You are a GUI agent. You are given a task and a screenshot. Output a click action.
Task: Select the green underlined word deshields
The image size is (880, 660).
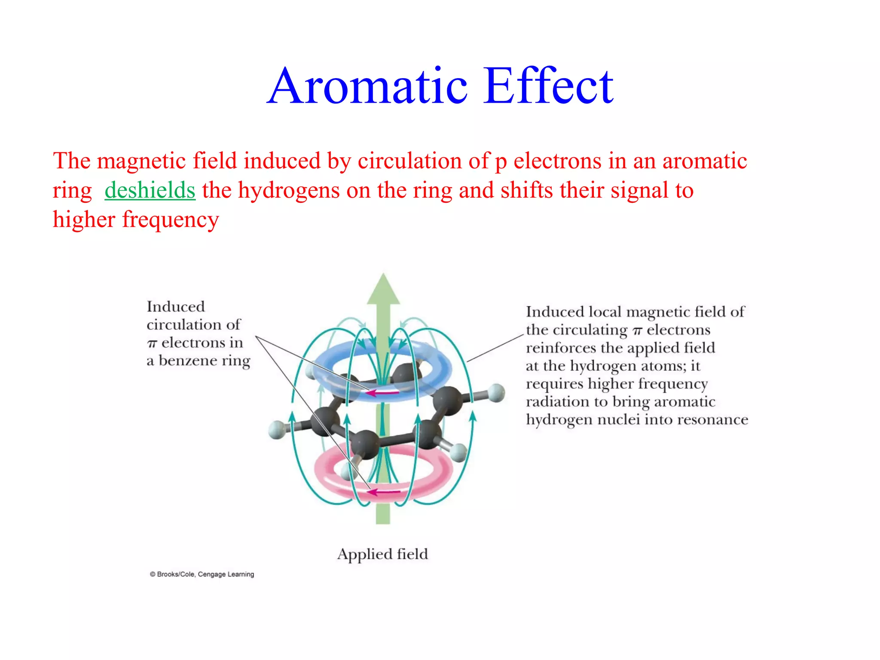click(x=150, y=190)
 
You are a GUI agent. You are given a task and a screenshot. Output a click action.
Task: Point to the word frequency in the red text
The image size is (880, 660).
click(x=171, y=220)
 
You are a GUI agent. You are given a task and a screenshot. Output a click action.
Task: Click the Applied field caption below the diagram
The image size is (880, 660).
click(x=382, y=554)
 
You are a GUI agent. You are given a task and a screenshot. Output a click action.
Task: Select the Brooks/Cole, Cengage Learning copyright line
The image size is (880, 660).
click(x=202, y=574)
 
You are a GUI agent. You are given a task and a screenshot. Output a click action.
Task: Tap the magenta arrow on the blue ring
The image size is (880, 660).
click(x=382, y=392)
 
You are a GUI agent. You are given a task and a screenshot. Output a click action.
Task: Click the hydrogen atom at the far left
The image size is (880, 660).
click(x=277, y=430)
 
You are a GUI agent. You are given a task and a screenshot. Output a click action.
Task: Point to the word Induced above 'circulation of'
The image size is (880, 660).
click(x=176, y=306)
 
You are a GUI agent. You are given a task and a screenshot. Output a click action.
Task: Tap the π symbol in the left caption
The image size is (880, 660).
click(x=152, y=343)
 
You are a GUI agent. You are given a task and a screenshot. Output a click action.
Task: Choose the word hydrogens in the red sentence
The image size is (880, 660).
click(x=289, y=190)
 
